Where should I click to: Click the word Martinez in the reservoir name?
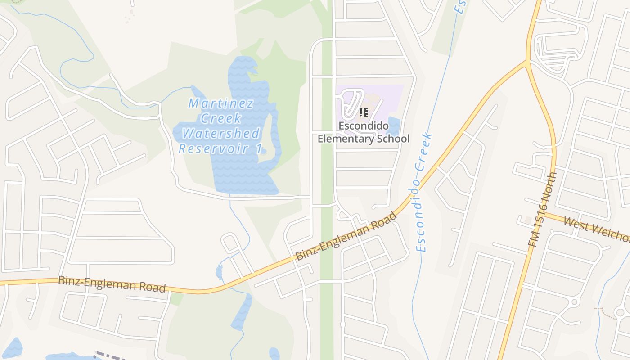tap(220, 103)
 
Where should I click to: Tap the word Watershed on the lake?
tap(221, 134)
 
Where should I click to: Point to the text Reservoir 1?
tap(220, 148)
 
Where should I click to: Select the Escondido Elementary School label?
tap(364, 132)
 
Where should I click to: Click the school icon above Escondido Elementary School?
tap(364, 112)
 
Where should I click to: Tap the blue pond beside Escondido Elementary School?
tap(393, 126)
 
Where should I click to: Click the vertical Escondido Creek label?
tap(423, 192)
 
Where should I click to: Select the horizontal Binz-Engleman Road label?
tap(112, 283)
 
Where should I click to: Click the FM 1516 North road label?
tap(543, 210)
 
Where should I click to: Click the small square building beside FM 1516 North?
tap(528, 220)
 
